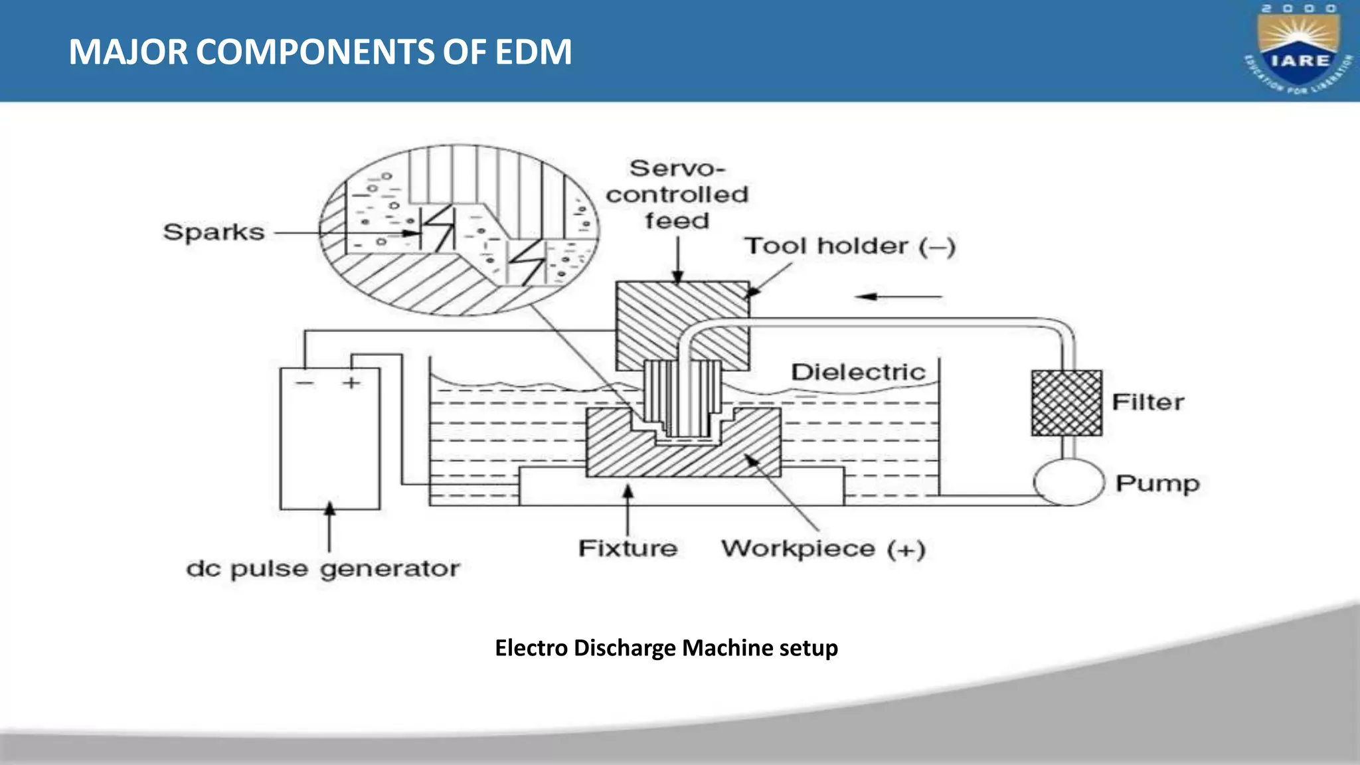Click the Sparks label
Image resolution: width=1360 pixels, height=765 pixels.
[x=214, y=232]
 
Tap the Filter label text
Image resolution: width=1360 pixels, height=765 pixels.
[x=1147, y=402]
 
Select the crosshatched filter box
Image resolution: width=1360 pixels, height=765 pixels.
[x=1066, y=403]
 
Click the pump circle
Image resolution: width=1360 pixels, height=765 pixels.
[x=1068, y=483]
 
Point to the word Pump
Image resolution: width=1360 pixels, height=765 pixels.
[x=1157, y=483]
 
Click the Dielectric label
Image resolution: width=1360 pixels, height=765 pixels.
[x=858, y=372]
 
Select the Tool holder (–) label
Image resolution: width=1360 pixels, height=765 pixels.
[x=849, y=246]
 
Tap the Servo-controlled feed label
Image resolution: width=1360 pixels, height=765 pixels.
[x=677, y=195]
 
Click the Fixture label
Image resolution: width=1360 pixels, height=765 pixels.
[x=628, y=549]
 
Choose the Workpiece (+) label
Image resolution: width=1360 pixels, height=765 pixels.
[x=823, y=549]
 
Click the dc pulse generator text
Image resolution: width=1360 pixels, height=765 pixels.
[x=323, y=569]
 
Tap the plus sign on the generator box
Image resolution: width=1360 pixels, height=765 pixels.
[x=351, y=382]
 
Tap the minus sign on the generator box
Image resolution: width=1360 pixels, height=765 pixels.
[x=304, y=383]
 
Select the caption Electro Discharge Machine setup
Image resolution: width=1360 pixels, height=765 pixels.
[x=666, y=647]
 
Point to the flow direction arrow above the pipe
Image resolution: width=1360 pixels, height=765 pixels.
[x=898, y=297]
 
